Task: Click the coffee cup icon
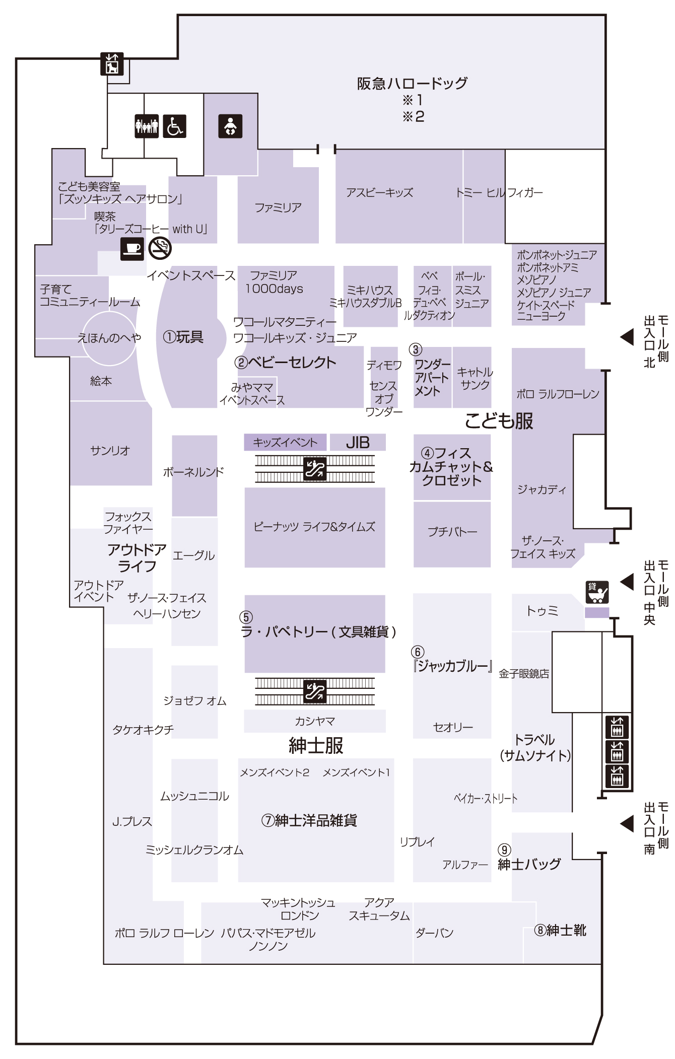click(x=132, y=248)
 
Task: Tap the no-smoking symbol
click(x=160, y=248)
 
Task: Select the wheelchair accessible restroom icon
click(x=174, y=126)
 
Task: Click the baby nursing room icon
click(x=230, y=126)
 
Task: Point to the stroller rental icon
click(x=597, y=592)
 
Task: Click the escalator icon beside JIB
click(x=315, y=469)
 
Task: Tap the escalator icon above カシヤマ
click(x=315, y=691)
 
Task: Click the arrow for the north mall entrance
click(x=627, y=337)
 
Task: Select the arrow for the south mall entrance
click(x=627, y=823)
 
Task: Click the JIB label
click(x=358, y=442)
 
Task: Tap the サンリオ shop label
click(x=110, y=450)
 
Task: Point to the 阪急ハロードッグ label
click(x=412, y=83)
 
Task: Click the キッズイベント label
click(x=285, y=442)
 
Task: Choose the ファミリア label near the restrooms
click(x=278, y=207)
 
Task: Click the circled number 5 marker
click(x=246, y=617)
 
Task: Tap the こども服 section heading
click(x=499, y=420)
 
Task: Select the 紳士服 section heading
click(x=316, y=745)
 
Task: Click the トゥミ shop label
click(x=542, y=611)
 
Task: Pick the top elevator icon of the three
click(x=617, y=727)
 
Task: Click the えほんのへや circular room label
click(x=109, y=337)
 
